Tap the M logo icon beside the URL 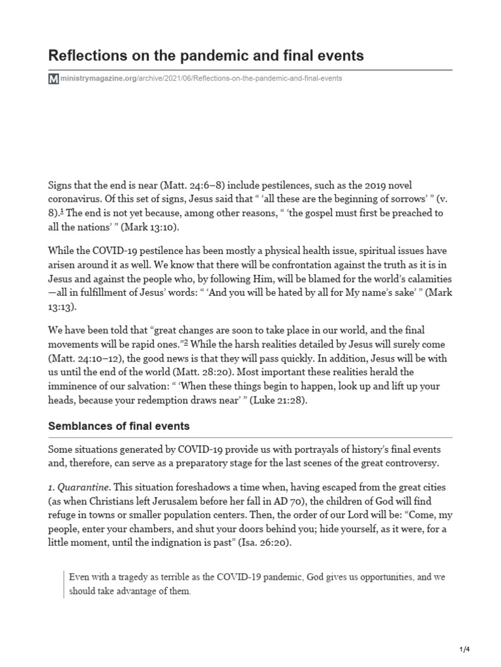click(53, 79)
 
